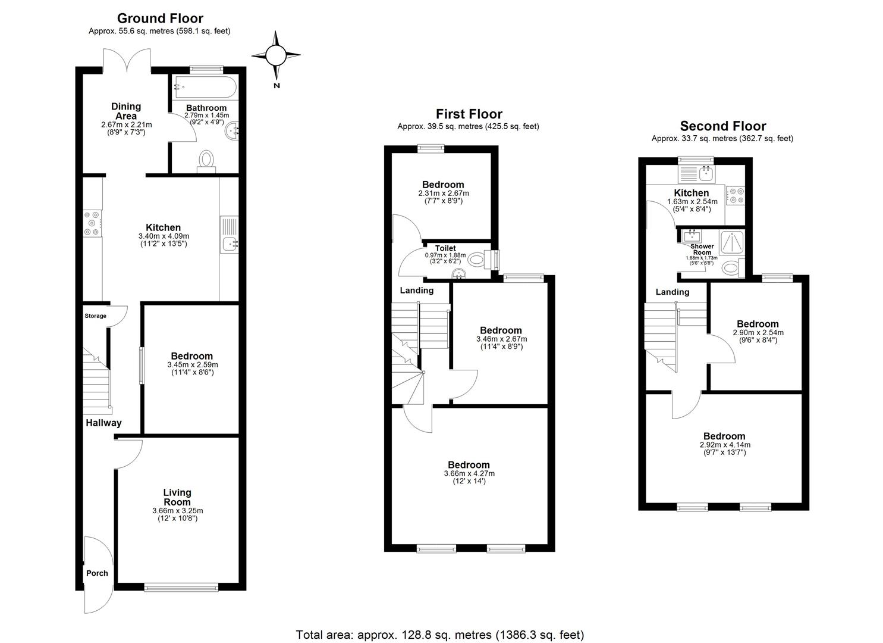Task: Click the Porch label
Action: point(97,573)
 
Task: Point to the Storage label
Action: point(95,316)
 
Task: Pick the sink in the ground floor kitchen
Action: point(229,243)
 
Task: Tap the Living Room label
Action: point(177,497)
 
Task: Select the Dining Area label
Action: point(126,111)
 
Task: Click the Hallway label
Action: point(103,423)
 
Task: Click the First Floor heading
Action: point(469,114)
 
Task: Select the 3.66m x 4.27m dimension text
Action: point(469,474)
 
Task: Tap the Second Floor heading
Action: point(722,126)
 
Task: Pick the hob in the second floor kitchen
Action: point(736,196)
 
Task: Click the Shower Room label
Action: point(702,249)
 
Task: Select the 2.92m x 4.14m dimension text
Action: point(725,445)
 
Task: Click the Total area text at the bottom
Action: point(440,635)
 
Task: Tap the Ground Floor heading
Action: point(160,18)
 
